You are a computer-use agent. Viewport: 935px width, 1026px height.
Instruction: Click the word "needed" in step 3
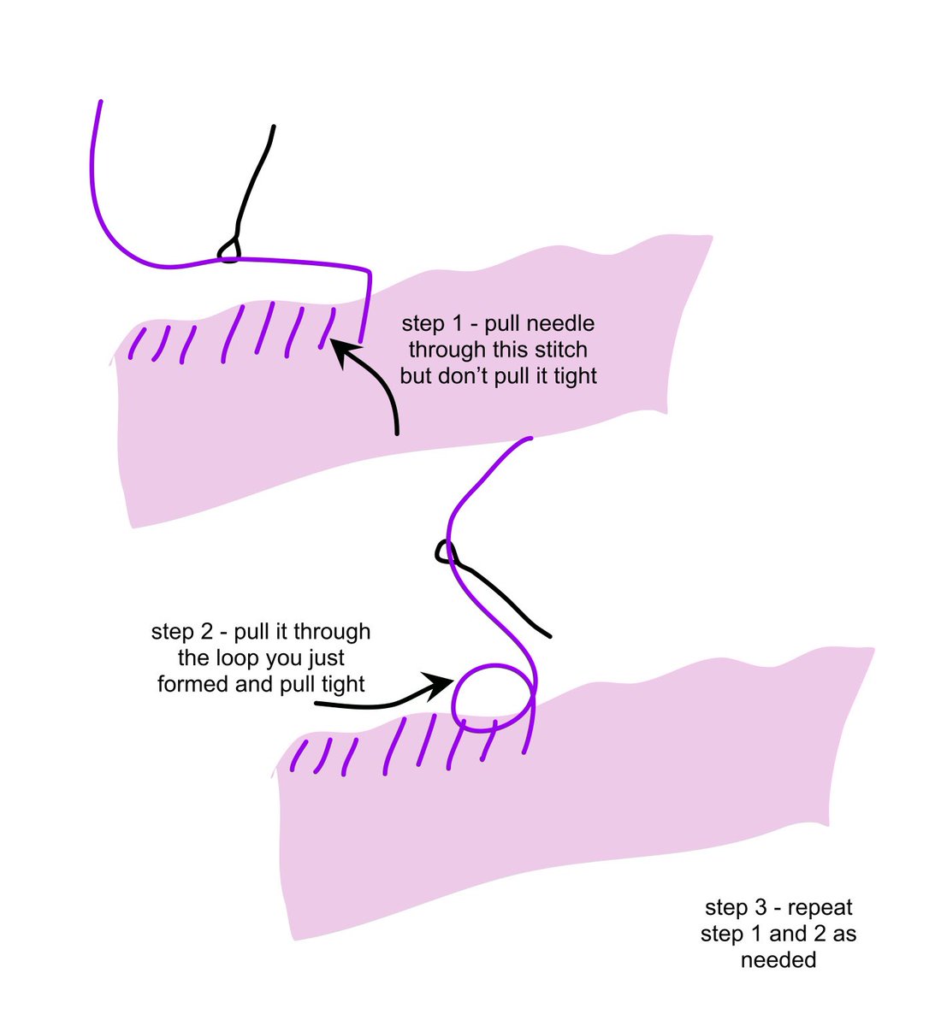[778, 959]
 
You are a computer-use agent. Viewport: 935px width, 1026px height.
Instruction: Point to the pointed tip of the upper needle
[273, 127]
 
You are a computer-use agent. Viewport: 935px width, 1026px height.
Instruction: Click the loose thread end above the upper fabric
[100, 103]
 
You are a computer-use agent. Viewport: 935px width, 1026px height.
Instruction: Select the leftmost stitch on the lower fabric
[299, 756]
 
